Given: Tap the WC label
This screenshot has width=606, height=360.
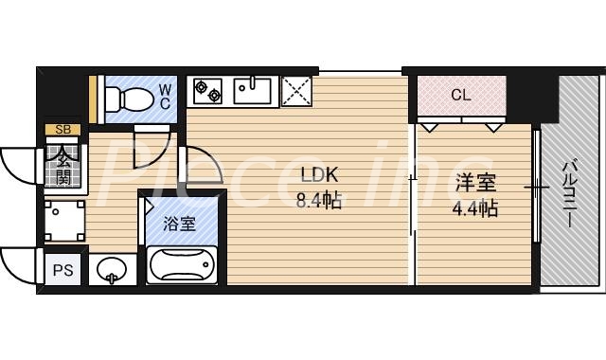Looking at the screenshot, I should click(x=164, y=96).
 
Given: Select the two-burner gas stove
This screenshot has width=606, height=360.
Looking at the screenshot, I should click(x=207, y=91).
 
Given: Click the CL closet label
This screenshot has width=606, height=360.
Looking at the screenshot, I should click(x=460, y=95).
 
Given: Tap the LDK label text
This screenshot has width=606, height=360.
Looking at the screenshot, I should click(x=318, y=174).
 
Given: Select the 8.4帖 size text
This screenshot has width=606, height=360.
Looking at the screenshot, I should click(x=318, y=199).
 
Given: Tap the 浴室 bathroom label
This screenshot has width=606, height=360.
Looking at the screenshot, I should click(x=179, y=225).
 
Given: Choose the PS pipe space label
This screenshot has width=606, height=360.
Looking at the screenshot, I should click(x=62, y=270).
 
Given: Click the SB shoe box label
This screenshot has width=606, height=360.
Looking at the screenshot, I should click(x=62, y=130).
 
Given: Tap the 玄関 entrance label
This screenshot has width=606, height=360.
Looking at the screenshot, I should click(x=62, y=165).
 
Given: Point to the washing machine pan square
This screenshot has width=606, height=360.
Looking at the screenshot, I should click(x=64, y=219).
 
